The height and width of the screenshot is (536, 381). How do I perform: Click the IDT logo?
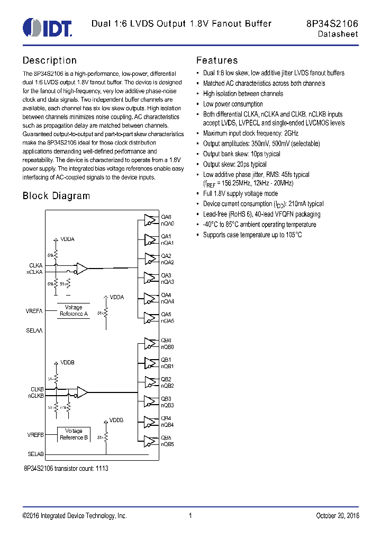click(47, 27)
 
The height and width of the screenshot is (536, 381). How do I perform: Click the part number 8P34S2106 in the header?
click(332, 23)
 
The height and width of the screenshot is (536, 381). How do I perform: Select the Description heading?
click(49, 60)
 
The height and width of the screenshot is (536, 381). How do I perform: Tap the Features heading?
click(217, 60)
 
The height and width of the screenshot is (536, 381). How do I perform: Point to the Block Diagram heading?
click(56, 196)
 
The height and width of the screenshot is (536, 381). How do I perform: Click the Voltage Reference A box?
click(74, 310)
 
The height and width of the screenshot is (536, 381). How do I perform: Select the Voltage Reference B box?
click(74, 434)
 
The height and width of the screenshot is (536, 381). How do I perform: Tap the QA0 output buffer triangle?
click(149, 220)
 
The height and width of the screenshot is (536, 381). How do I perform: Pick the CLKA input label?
click(36, 265)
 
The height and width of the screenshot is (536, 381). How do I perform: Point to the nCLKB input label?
click(36, 396)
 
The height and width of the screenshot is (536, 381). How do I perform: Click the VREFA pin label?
click(34, 311)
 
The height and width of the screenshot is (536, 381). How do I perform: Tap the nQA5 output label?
click(168, 321)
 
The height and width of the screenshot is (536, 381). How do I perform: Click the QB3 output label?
click(166, 399)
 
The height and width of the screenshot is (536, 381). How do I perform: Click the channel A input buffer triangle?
click(82, 269)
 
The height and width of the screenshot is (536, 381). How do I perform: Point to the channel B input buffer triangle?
click(82, 392)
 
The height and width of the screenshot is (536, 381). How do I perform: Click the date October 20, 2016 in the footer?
click(337, 516)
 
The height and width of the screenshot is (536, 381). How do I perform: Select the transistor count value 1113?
click(102, 469)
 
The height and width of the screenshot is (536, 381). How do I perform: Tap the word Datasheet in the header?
click(338, 34)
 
